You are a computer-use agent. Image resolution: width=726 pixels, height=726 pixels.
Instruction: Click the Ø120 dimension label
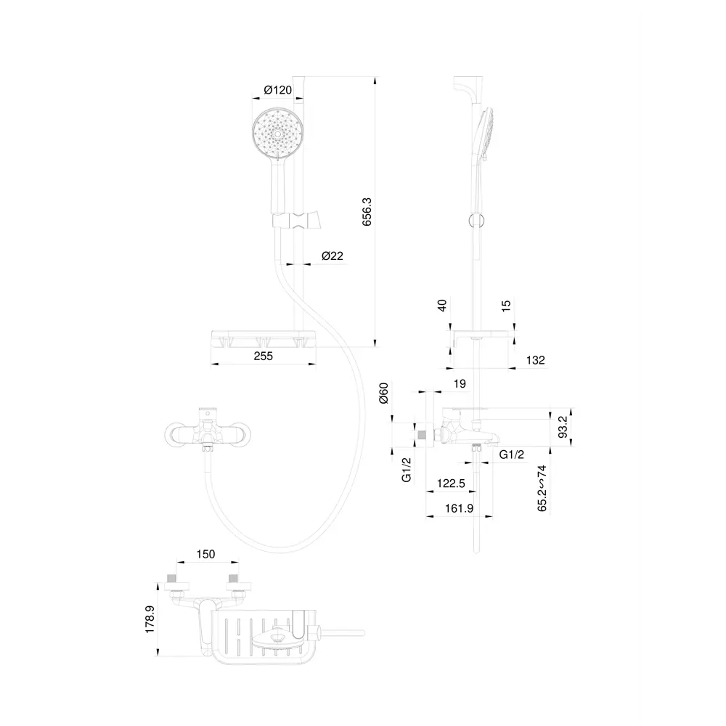click(277, 90)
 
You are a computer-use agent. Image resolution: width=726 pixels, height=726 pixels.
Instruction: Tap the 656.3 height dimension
click(367, 212)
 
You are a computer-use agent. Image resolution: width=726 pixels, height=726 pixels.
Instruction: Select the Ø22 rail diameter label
click(332, 256)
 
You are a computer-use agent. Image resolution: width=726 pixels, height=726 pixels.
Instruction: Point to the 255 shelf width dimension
click(264, 356)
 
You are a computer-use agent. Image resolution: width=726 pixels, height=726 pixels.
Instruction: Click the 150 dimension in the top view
click(206, 555)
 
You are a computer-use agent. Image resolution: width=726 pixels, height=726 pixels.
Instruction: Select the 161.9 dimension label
click(459, 509)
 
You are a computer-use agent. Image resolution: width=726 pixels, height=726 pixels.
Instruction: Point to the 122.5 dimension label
click(452, 482)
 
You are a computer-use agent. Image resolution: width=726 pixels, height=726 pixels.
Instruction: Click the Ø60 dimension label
click(385, 394)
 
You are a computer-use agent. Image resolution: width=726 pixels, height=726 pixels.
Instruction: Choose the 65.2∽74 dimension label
click(542, 489)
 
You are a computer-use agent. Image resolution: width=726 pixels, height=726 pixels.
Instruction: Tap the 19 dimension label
click(458, 384)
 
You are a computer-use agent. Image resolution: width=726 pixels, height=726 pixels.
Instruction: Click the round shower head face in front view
click(276, 131)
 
